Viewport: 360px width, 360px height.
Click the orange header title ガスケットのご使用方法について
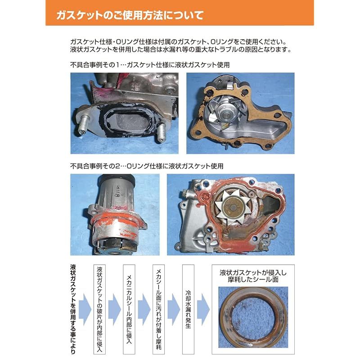[x=130, y=15]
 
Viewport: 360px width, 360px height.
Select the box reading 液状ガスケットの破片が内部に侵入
[x=99, y=309]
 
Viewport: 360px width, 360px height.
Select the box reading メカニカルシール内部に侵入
[x=129, y=309]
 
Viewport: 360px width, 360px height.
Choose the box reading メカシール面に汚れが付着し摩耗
[x=159, y=309]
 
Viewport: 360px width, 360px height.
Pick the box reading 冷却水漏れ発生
[x=188, y=309]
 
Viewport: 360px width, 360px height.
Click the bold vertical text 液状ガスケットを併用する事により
[x=73, y=309]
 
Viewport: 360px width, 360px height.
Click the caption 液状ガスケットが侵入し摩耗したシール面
[x=253, y=276]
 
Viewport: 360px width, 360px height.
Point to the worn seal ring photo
[x=253, y=317]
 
